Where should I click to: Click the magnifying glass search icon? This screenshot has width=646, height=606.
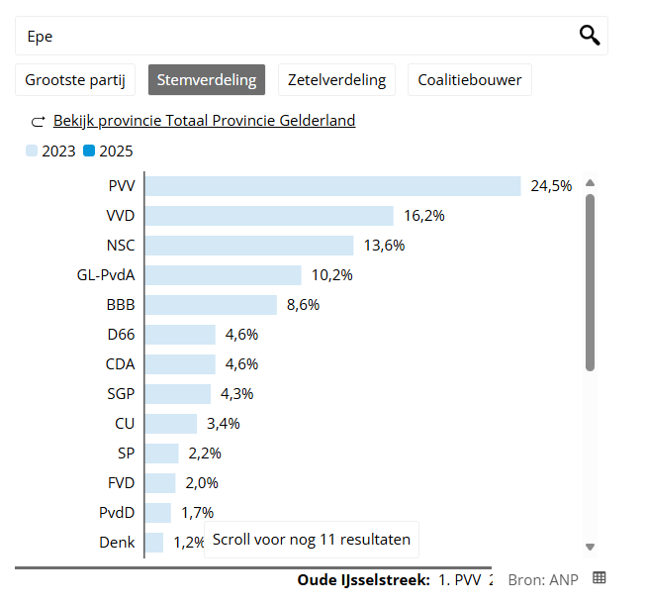(589, 36)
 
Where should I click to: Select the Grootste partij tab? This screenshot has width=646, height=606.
(76, 80)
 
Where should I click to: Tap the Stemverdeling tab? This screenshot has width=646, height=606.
(207, 80)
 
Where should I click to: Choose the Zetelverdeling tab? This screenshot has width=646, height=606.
(337, 80)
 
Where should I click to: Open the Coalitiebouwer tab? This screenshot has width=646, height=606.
(469, 80)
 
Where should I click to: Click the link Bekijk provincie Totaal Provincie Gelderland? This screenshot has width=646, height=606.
(204, 121)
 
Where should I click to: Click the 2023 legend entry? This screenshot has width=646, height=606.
(51, 151)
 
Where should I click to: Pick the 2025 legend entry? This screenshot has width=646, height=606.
(109, 151)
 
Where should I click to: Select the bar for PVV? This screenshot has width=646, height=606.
(333, 186)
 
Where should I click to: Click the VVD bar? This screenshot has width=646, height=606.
(270, 216)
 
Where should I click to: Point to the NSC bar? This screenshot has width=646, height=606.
(249, 246)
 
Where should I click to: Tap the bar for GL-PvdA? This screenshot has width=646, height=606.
(224, 275)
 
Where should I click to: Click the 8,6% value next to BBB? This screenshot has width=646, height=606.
(303, 305)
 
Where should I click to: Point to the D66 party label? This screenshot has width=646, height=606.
(121, 335)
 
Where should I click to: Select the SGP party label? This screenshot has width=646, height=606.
(121, 394)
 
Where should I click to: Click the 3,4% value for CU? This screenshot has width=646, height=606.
(223, 424)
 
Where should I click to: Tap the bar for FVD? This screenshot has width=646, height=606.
(160, 483)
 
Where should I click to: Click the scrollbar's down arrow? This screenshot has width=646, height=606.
(590, 547)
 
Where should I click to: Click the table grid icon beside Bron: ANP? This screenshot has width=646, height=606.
(599, 577)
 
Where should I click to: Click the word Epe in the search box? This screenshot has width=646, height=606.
(40, 37)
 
